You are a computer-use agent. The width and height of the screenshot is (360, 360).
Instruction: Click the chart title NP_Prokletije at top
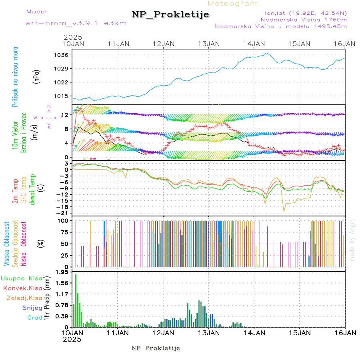pos(170,15)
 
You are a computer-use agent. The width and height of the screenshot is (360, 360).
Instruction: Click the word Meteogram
pos(233,4)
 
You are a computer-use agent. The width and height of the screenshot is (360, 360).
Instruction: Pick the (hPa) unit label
pos(36,76)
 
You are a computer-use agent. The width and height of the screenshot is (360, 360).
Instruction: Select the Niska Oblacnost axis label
pos(24,244)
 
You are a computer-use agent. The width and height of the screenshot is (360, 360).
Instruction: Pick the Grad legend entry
pos(35,318)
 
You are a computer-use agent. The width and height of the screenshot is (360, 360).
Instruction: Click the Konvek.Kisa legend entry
pos(23,288)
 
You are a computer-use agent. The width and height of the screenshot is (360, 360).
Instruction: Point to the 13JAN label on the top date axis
pos(209,44)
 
